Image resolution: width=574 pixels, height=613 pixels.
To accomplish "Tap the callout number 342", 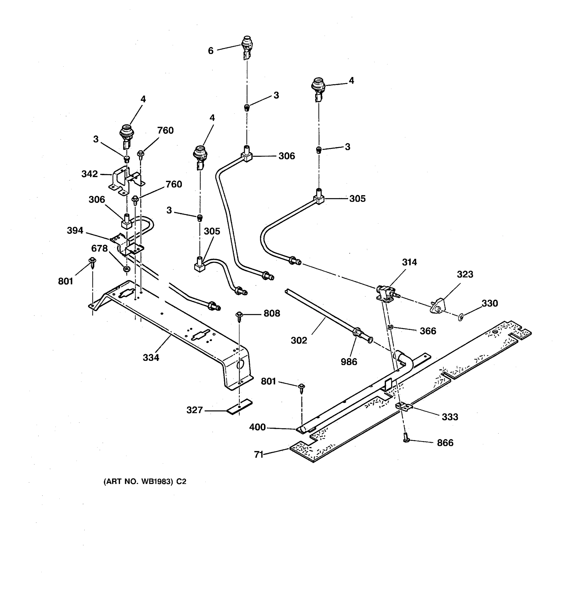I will tap(89, 174).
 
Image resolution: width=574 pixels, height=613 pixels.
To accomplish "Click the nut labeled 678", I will tap(126, 269).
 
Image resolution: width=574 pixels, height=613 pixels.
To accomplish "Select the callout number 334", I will tap(151, 357).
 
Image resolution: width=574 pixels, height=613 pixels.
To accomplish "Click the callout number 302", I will tap(299, 340).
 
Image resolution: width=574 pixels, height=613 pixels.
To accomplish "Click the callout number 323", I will tap(465, 274).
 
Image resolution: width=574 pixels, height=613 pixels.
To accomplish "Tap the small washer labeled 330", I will tap(460, 317).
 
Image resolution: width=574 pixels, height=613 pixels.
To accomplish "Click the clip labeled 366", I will tap(390, 327).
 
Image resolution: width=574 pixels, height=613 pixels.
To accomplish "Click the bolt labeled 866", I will tap(406, 438).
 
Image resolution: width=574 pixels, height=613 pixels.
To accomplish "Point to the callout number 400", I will tap(257, 427).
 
